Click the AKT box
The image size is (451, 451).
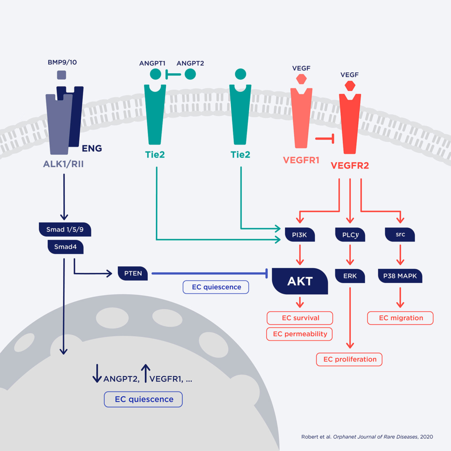[x=300, y=281]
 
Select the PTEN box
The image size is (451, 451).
[x=133, y=274]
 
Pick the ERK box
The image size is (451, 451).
[x=350, y=276]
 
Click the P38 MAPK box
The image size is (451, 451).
[x=400, y=276]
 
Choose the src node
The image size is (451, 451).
[x=400, y=234]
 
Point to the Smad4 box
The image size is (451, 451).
[x=65, y=247]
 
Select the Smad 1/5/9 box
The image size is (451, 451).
[x=65, y=229]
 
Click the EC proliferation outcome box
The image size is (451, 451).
[x=349, y=359]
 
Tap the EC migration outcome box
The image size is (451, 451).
[x=400, y=318]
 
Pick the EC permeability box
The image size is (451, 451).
[x=300, y=334]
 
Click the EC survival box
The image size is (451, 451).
[x=300, y=318]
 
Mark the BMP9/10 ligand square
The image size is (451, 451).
[x=62, y=75]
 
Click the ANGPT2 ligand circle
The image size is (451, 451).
[x=190, y=74]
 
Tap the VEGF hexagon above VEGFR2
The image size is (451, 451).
[x=349, y=85]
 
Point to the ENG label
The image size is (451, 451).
[x=92, y=148]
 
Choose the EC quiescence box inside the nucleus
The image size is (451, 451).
[x=144, y=399]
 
